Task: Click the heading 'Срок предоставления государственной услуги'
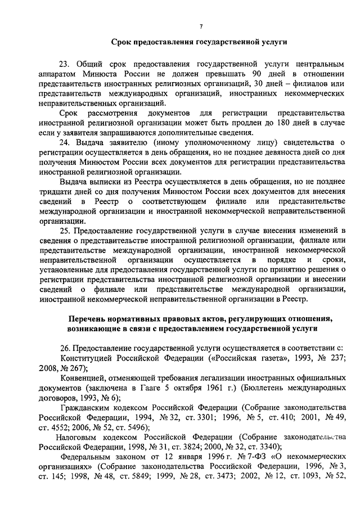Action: click(200, 42)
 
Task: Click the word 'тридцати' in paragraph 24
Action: click(56, 192)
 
